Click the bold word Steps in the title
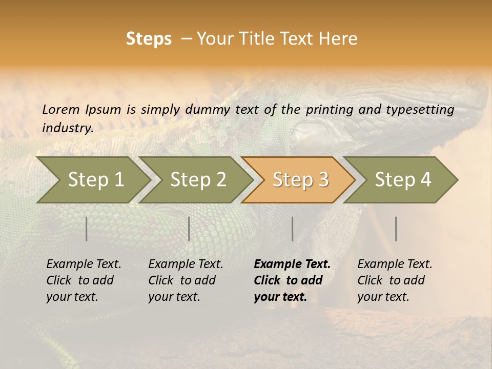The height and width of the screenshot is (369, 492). coord(149,38)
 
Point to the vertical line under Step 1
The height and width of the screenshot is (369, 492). coord(87,229)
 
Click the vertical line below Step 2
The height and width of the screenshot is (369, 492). coord(189,229)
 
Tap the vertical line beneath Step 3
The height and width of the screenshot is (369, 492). coord(293,229)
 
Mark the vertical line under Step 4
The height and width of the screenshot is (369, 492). coord(396,229)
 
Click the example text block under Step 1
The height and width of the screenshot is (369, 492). coord(84,280)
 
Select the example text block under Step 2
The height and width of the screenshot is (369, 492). coord(186,280)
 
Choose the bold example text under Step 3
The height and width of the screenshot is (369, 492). coord(292,280)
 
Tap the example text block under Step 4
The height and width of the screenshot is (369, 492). coord(395,280)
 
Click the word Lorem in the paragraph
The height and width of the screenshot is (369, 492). coord(61,109)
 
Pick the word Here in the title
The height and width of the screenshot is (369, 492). coord(339,38)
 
